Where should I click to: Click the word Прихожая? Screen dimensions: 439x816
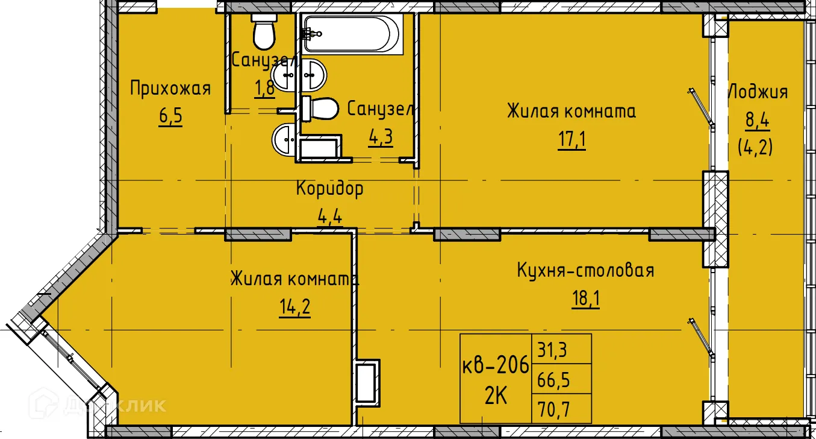pyautogui.click(x=171, y=89)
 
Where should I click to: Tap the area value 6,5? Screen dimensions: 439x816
pyautogui.click(x=170, y=115)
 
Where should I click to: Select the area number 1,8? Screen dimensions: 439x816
pyautogui.click(x=264, y=87)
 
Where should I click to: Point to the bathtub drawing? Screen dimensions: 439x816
pyautogui.click(x=352, y=34)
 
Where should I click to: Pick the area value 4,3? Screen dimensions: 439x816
pyautogui.click(x=381, y=136)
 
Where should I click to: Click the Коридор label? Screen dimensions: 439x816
pyautogui.click(x=329, y=189)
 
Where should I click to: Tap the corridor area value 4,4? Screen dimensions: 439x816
pyautogui.click(x=329, y=215)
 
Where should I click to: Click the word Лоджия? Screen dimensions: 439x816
pyautogui.click(x=758, y=92)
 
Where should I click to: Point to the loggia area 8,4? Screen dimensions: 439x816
pyautogui.click(x=758, y=121)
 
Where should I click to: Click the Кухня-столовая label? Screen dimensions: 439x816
pyautogui.click(x=585, y=271)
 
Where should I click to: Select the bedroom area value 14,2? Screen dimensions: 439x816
pyautogui.click(x=295, y=307)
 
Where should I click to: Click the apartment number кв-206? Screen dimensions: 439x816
pyautogui.click(x=495, y=365)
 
